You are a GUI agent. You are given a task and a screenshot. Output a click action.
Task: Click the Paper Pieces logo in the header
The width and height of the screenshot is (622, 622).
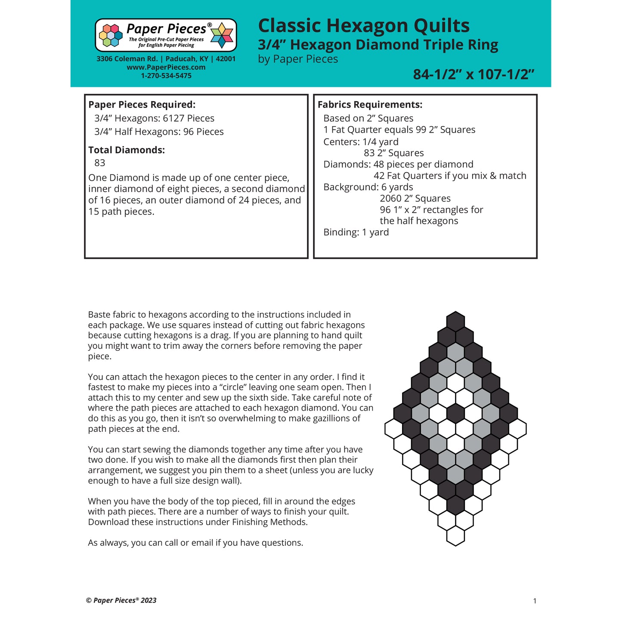(166, 35)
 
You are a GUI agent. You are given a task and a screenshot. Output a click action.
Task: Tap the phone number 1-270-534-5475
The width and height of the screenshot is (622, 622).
(166, 76)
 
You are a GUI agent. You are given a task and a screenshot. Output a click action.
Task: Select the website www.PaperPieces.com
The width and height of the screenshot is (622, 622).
(166, 67)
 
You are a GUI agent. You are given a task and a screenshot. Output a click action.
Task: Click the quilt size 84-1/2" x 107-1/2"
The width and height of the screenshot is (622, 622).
(473, 74)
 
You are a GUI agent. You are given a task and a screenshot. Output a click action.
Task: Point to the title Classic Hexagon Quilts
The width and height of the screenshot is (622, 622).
(363, 26)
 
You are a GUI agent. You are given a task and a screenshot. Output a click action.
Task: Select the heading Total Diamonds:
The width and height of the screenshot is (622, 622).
(127, 150)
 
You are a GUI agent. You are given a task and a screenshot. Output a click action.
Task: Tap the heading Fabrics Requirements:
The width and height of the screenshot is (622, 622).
(370, 105)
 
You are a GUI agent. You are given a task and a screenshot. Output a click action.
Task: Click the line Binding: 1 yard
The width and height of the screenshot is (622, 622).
(356, 232)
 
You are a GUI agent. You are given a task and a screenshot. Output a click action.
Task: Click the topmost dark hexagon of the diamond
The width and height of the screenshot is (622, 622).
(455, 321)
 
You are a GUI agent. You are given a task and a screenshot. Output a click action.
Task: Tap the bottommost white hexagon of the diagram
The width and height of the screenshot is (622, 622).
(455, 536)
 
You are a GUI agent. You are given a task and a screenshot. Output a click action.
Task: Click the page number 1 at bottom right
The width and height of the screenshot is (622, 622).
(535, 601)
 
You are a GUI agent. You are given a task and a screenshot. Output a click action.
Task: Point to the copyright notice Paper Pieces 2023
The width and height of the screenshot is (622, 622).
(121, 600)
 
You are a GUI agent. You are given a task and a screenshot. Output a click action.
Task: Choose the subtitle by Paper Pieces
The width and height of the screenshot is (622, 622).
(298, 59)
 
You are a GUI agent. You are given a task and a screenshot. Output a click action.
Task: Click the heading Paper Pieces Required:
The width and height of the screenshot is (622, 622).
(142, 105)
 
